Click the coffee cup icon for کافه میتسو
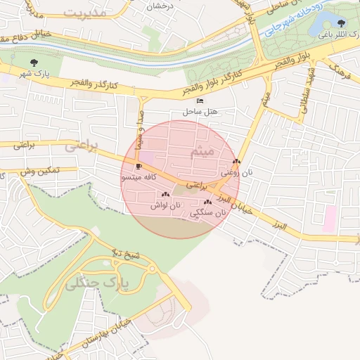pyautogui.click(x=138, y=167)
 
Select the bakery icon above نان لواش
pyautogui.click(x=165, y=194)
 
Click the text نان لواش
pyautogui.click(x=165, y=205)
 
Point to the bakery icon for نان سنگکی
pyautogui.click(x=207, y=202)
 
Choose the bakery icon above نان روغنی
pyautogui.click(x=236, y=161)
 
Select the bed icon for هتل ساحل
pyautogui.click(x=200, y=101)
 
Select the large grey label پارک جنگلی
pyautogui.click(x=97, y=283)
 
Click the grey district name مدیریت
pyautogui.click(x=84, y=13)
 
